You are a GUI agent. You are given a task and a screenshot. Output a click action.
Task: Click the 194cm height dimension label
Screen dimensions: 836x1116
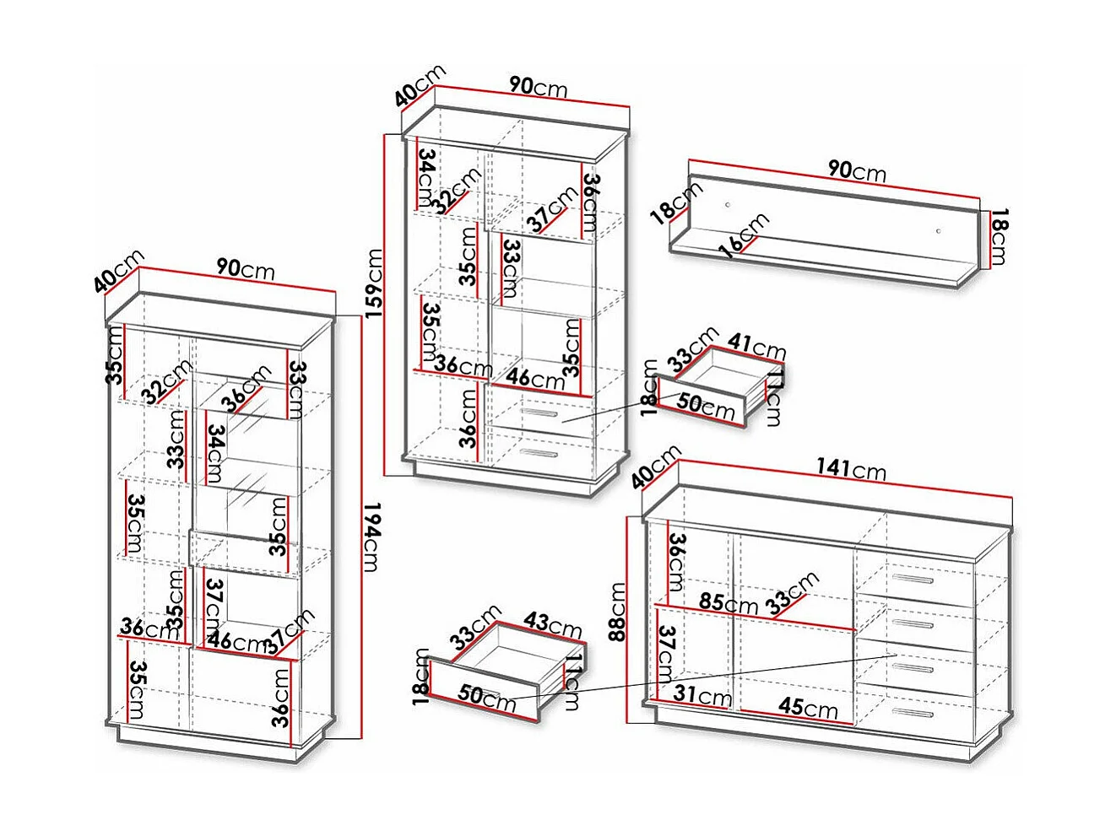(x=371, y=537)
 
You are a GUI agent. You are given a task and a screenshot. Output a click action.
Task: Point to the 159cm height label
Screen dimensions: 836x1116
(x=375, y=282)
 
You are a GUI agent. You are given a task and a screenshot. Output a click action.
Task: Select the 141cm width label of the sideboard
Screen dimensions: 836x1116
(x=850, y=468)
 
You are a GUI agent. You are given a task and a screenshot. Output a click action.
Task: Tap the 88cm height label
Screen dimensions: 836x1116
(x=617, y=611)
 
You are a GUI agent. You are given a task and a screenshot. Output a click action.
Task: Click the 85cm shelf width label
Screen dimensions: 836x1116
(x=728, y=603)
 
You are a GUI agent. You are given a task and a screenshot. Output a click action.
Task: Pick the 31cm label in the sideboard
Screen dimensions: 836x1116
(x=702, y=696)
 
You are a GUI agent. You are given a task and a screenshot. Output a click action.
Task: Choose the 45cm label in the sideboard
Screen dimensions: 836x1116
(x=808, y=707)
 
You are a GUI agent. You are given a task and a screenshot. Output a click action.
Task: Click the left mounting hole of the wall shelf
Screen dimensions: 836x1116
(x=728, y=205)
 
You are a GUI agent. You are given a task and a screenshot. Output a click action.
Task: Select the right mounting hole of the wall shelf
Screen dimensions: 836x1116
(x=938, y=230)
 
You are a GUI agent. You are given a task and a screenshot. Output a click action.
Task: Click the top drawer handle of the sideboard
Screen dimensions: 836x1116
(x=912, y=580)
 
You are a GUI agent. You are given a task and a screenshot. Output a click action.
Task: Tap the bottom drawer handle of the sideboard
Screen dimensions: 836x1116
(x=912, y=713)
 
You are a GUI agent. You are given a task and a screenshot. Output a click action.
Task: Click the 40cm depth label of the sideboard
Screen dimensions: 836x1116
(x=656, y=467)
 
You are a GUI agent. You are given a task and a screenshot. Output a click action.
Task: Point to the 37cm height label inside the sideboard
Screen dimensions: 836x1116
(x=666, y=653)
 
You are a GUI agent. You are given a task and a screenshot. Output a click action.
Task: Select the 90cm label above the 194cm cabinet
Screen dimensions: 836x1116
(x=245, y=268)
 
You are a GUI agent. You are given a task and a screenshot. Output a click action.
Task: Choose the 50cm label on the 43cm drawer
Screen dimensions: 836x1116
(x=486, y=696)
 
